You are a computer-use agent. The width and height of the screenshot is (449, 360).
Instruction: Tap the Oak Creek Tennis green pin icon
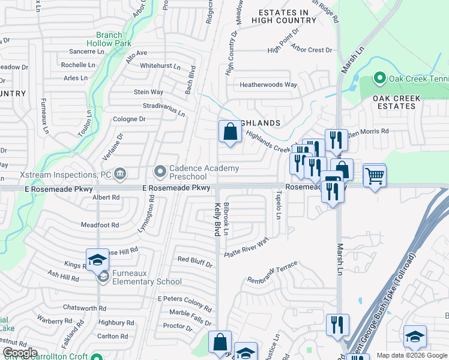pyautogui.click(x=379, y=79)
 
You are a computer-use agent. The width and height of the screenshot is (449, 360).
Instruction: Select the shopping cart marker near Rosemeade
pyautogui.click(x=375, y=176)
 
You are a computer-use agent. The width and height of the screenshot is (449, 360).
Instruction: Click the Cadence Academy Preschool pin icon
pyautogui.click(x=160, y=172)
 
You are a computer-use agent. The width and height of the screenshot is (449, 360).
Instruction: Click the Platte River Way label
pyautogui.click(x=246, y=247)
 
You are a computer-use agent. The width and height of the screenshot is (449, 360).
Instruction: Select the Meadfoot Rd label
pyautogui.click(x=100, y=225)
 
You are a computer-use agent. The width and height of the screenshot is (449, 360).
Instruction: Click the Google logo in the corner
pyautogui.click(x=20, y=353)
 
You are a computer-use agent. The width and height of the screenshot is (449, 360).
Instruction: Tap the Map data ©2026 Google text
pyautogui.click(x=412, y=355)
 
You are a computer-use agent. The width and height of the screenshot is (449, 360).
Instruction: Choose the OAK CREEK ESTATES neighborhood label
pyautogui.click(x=394, y=102)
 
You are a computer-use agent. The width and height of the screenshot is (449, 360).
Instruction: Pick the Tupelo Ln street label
pyautogui.click(x=278, y=205)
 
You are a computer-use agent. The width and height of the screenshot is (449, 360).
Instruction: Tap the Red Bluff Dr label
pyautogui.click(x=195, y=261)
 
